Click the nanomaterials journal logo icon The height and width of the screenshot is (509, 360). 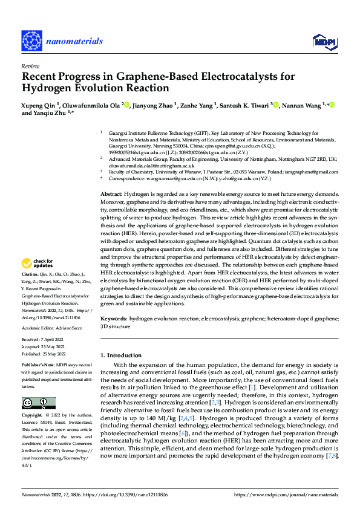pyautogui.click(x=31, y=41)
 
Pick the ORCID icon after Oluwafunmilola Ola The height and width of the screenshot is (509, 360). pyautogui.click(x=126, y=105)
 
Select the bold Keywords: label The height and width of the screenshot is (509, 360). pyautogui.click(x=114, y=317)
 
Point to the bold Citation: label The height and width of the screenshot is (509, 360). pyautogui.click(x=31, y=274)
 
